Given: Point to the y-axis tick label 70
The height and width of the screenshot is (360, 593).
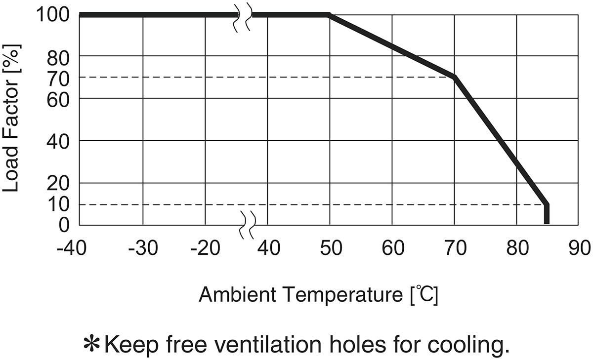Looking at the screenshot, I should click(60, 78).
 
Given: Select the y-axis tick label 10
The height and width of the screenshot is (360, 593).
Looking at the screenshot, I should click(60, 204).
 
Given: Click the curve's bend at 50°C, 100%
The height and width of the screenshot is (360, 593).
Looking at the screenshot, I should click(329, 15).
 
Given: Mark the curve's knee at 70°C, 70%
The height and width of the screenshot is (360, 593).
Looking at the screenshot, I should click(454, 77).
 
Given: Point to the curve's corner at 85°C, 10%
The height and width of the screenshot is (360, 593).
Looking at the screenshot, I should click(546, 204).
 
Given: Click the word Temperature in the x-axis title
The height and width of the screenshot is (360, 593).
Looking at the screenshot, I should click(336, 296).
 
